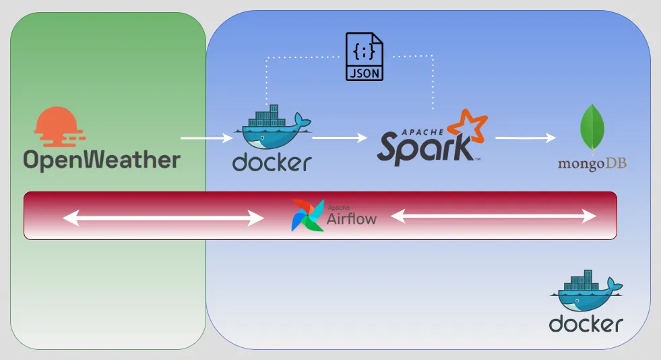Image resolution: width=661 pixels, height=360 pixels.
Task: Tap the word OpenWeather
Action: point(102,159)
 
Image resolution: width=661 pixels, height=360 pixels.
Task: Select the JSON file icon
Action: point(365,57)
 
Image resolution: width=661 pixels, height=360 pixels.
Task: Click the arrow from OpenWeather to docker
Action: point(206,138)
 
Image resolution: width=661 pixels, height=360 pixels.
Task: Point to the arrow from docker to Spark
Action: point(340,138)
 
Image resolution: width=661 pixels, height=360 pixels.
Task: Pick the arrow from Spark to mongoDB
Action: point(526,138)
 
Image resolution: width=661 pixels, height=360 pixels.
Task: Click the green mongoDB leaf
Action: point(592,128)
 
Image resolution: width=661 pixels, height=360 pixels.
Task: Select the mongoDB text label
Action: point(592,164)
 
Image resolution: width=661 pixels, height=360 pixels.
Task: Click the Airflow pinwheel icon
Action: point(307,215)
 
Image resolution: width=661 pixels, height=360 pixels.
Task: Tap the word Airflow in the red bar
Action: point(351,218)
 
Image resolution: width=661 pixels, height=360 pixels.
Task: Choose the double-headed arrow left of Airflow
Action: point(163,218)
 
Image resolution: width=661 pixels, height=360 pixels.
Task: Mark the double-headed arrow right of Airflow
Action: point(495,216)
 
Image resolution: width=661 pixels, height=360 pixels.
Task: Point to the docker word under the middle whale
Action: point(272,162)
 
